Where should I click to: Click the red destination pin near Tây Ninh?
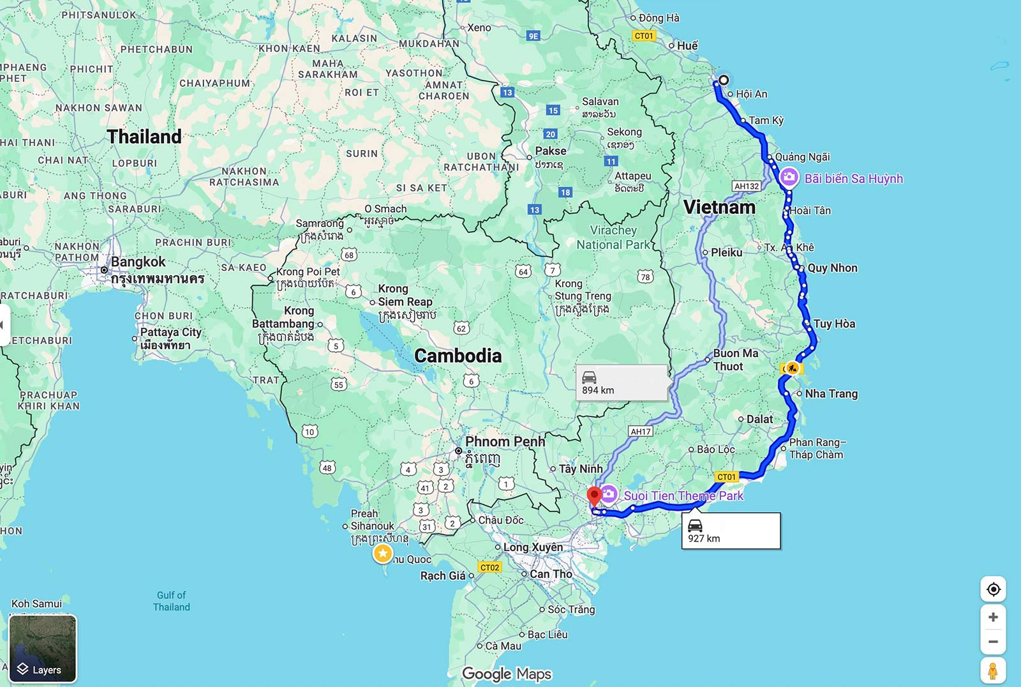click(x=594, y=496)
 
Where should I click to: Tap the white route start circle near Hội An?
click(x=724, y=80)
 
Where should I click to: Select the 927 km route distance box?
click(x=731, y=531)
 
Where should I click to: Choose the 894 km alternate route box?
click(x=622, y=383)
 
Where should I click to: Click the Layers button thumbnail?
click(x=43, y=649)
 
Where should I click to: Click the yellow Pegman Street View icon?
click(x=993, y=671)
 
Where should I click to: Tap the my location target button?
click(x=993, y=589)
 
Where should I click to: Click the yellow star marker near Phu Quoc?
click(x=383, y=554)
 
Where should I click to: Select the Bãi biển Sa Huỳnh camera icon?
click(x=789, y=177)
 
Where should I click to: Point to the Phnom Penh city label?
click(x=505, y=442)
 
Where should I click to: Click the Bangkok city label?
click(x=138, y=262)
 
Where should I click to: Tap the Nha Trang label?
click(x=831, y=394)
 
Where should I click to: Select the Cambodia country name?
click(x=458, y=356)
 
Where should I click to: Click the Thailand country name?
click(x=144, y=137)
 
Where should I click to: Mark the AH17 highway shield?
click(x=641, y=432)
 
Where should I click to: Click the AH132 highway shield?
click(x=747, y=186)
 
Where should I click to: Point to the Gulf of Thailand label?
click(x=171, y=601)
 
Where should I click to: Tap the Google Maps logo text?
click(x=507, y=674)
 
